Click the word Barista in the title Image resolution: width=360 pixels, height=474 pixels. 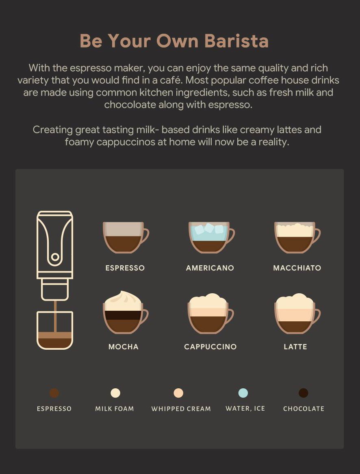coord(236,41)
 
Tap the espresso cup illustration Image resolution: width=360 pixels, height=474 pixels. coord(126,238)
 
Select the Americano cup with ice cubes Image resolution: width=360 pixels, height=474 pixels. coord(211,238)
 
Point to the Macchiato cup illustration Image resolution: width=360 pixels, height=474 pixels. coord(297,238)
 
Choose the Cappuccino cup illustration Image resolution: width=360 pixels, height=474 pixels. coord(211,314)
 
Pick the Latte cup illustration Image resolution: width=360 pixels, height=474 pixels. coord(297,314)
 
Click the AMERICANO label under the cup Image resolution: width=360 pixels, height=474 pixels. coord(210,268)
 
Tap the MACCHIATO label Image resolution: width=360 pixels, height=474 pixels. coord(297,268)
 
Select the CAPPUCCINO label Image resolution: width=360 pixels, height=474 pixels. coord(210,346)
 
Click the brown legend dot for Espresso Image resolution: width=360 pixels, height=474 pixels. coord(54,393)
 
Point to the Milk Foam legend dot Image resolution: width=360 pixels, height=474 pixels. coord(115,393)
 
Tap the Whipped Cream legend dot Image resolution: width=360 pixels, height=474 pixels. coord(178,393)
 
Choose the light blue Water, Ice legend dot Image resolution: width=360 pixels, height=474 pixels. coord(243,393)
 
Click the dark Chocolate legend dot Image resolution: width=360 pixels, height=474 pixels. coord(304,393)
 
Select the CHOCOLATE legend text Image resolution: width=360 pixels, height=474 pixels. coord(304,409)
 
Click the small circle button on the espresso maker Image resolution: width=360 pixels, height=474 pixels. coord(55,257)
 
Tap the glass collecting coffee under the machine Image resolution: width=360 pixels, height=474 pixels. coord(55,330)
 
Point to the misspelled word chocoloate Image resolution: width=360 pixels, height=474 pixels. coord(130,105)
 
